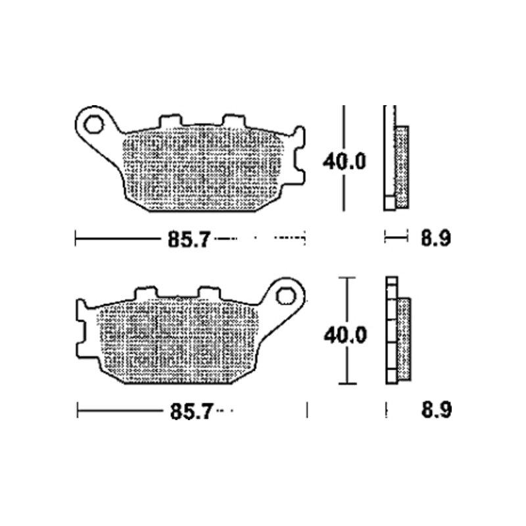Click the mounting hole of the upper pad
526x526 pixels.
pyautogui.click(x=94, y=124)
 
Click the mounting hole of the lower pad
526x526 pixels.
pyautogui.click(x=286, y=297)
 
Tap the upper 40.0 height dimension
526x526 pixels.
pyautogui.click(x=344, y=162)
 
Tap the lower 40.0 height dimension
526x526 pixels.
pyautogui.click(x=345, y=335)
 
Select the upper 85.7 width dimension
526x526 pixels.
pyautogui.click(x=189, y=239)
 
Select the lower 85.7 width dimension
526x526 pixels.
pyautogui.click(x=191, y=412)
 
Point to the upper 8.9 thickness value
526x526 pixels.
pyautogui.click(x=436, y=239)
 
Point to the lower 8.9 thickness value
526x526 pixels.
pyautogui.click(x=436, y=410)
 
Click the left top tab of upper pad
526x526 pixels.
pyautogui.click(x=170, y=120)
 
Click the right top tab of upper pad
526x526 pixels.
pyautogui.click(x=234, y=120)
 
